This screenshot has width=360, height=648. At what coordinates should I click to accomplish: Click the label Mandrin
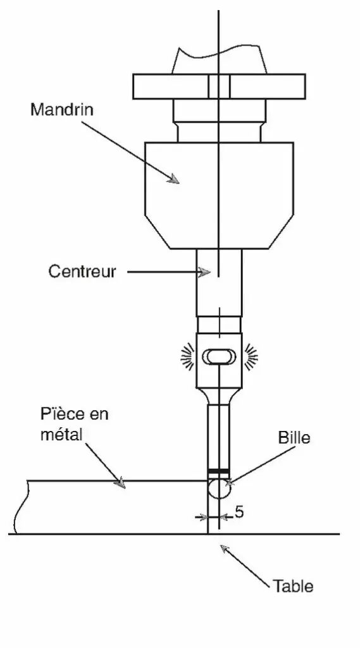point(62,110)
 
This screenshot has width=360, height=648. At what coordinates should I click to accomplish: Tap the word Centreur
point(82,271)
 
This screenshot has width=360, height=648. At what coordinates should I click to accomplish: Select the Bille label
point(294,438)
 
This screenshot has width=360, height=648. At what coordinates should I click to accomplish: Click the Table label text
point(293,586)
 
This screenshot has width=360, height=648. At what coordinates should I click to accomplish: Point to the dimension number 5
point(239,512)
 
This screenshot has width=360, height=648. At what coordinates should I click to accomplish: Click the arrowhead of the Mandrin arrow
point(175,178)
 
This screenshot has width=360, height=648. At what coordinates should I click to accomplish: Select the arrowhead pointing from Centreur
point(204,272)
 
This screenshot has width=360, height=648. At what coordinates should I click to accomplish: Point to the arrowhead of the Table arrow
point(225,549)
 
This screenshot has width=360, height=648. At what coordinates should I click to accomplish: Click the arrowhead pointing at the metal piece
point(120,483)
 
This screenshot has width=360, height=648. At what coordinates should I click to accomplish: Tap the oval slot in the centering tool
point(219,357)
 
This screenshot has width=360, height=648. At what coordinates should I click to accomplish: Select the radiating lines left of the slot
point(188,356)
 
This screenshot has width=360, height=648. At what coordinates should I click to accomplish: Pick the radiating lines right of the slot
point(251,356)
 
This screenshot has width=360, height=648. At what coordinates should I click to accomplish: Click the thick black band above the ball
point(218,471)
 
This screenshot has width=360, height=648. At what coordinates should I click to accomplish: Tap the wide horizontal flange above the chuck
point(219,86)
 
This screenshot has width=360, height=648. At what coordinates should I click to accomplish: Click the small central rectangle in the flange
point(219,86)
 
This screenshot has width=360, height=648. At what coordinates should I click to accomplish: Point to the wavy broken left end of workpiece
point(21,508)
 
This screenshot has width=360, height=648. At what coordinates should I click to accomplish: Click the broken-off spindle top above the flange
point(219,60)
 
